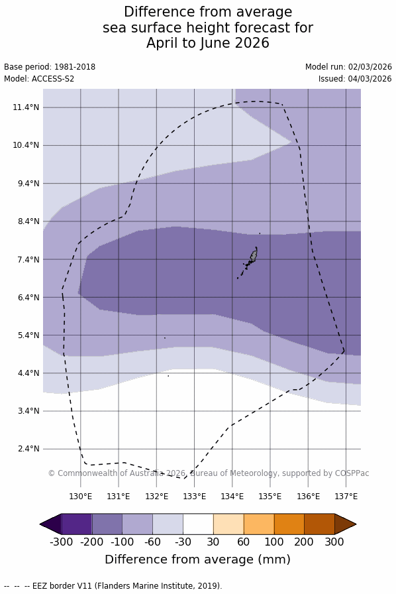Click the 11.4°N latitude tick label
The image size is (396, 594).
click(26, 107)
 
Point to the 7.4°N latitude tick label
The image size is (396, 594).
click(28, 259)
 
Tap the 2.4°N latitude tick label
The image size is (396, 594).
click(28, 449)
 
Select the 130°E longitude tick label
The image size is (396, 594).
click(81, 497)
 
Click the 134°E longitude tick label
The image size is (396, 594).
click(232, 497)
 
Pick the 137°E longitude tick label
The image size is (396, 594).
click(346, 497)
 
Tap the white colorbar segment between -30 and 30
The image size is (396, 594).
click(198, 524)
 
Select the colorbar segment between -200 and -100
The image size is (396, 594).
click(107, 524)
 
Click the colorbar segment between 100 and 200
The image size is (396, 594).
click(289, 524)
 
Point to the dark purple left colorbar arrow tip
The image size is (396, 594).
click(40, 524)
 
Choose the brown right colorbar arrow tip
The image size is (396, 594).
click(356, 524)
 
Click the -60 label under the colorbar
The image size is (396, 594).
click(152, 542)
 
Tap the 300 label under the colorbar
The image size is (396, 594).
click(334, 542)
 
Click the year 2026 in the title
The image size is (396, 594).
click(252, 43)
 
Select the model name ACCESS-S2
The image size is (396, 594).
click(53, 79)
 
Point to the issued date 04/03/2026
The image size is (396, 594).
click(370, 79)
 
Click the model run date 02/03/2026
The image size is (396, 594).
click(370, 67)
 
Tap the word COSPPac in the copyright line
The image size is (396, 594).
click(352, 473)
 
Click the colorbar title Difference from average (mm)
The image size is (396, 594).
click(197, 560)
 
